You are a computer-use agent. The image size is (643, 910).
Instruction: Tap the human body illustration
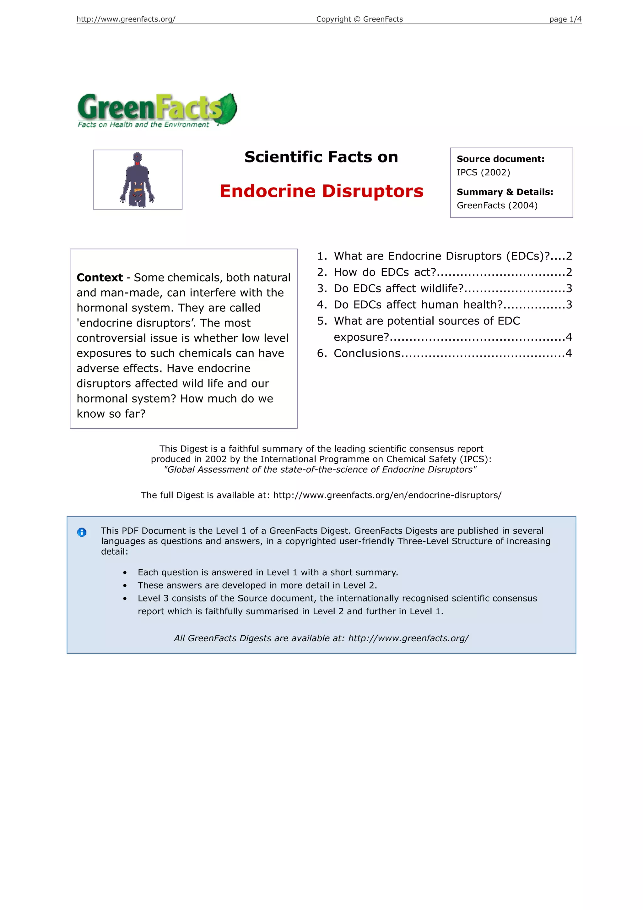pos(138,179)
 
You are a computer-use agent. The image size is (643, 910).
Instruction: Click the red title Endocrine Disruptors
pos(321,191)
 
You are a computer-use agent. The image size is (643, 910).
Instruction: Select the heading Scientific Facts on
pos(321,157)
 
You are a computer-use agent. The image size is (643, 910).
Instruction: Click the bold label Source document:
pos(500,159)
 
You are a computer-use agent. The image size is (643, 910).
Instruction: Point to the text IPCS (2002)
pos(483,173)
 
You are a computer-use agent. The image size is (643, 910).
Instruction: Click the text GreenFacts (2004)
pos(497,205)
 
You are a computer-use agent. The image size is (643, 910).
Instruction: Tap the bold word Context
pos(100,277)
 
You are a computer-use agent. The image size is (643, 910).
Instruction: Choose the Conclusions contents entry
pos(367,353)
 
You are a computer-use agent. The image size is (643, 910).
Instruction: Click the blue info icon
pos(82,532)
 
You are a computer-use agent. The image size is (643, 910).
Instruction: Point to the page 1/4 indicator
pos(565,19)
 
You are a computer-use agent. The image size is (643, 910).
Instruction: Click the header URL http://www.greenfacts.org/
pos(126,19)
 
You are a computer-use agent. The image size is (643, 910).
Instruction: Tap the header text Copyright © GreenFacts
pos(359,19)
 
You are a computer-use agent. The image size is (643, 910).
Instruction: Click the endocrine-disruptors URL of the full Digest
pos(387,495)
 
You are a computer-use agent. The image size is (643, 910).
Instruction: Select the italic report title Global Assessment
pos(320,470)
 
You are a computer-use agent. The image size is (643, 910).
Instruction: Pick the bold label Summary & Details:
pos(505,192)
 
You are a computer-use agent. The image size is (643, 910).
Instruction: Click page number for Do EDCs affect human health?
pos(569,305)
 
